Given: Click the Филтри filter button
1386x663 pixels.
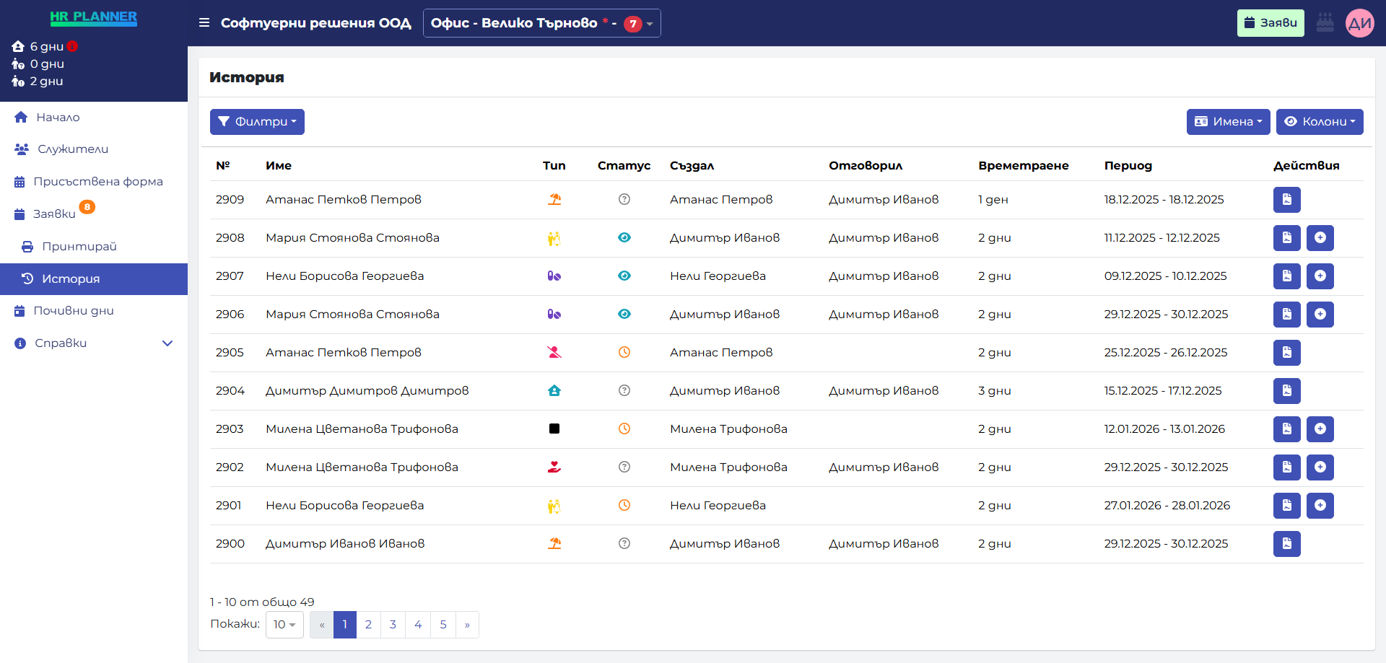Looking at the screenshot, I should pos(257,122).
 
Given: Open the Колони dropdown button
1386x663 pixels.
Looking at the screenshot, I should pos(1319,122).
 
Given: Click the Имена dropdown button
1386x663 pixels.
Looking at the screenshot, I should pos(1227,122).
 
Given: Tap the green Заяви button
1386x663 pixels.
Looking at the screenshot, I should pos(1270,23).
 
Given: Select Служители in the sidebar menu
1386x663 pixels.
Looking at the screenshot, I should pos(72,149).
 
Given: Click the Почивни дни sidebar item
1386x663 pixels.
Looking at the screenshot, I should pos(73,311).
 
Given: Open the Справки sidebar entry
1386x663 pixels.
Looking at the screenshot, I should pos(61,343).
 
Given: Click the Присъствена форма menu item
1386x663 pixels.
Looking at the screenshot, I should pos(97,182).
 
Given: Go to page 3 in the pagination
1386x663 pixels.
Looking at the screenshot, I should pos(393,625).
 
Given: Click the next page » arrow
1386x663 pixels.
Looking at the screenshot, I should pos(467,625).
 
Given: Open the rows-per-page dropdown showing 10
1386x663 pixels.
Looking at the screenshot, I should pos(284,625).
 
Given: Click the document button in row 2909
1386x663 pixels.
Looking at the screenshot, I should pos(1286,200).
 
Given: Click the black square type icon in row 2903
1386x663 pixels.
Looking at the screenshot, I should pos(554,429).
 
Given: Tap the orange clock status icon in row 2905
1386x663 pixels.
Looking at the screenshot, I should pos(624,353).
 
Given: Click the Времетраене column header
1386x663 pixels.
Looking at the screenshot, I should pos(1023,166).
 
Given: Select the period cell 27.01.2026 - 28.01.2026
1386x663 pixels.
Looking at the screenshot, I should pos(1167,506).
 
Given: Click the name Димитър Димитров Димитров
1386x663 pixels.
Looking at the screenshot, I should pos(367,391).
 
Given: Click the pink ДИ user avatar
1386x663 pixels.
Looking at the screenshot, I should pos(1359,23).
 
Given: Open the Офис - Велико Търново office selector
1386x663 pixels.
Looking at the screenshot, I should pos(541,23).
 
